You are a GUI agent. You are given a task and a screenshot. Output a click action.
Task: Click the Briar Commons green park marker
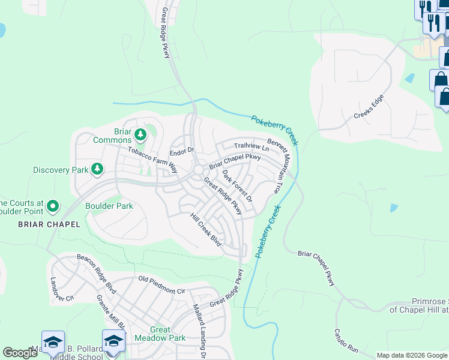coord(140,134)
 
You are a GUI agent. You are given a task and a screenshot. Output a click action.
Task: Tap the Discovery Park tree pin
coord(97,170)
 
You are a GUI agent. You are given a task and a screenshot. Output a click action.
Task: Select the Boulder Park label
coord(109,206)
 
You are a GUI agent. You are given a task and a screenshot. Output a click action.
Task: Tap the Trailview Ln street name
coord(252,146)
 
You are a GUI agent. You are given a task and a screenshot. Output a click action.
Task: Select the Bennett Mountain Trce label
coord(281,166)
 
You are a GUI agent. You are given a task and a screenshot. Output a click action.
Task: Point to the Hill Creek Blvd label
coord(206,230)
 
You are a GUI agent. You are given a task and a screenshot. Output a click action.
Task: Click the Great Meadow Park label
coord(168,334)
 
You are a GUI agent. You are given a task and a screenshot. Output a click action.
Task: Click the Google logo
coord(20,353)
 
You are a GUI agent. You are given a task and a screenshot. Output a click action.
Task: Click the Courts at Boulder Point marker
coord(52,207)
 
